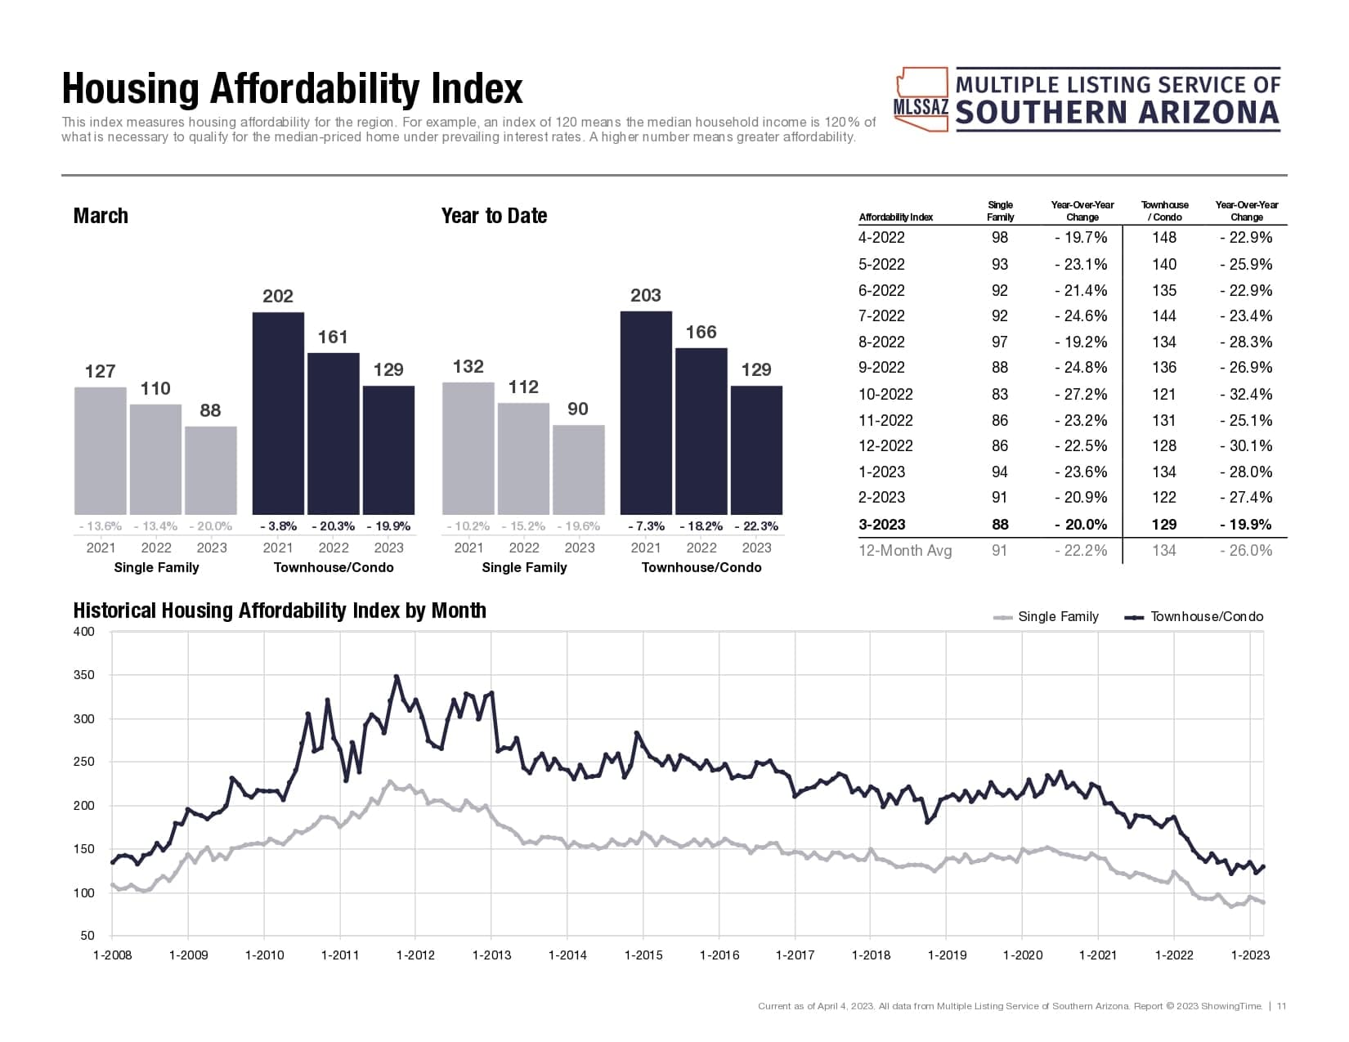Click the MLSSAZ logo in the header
pyautogui.click(x=1088, y=99)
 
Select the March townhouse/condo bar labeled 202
pyautogui.click(x=278, y=413)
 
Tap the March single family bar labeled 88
pyautogui.click(x=211, y=470)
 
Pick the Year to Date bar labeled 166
pyautogui.click(x=701, y=431)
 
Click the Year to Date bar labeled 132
pyautogui.click(x=468, y=448)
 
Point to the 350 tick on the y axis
pyautogui.click(x=84, y=675)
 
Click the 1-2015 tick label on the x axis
pyautogui.click(x=643, y=955)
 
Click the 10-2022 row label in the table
pyautogui.click(x=885, y=394)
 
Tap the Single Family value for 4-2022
pyautogui.click(x=1000, y=238)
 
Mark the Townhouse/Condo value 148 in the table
pyautogui.click(x=1164, y=238)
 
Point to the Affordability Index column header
pyautogui.click(x=896, y=217)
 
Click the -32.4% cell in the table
pyautogui.click(x=1247, y=394)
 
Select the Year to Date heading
pyautogui.click(x=494, y=216)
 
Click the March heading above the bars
pyautogui.click(x=101, y=216)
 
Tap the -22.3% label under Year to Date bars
pyautogui.click(x=756, y=526)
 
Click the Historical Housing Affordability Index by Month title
pyautogui.click(x=280, y=610)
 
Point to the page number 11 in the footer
pyautogui.click(x=1281, y=1006)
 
